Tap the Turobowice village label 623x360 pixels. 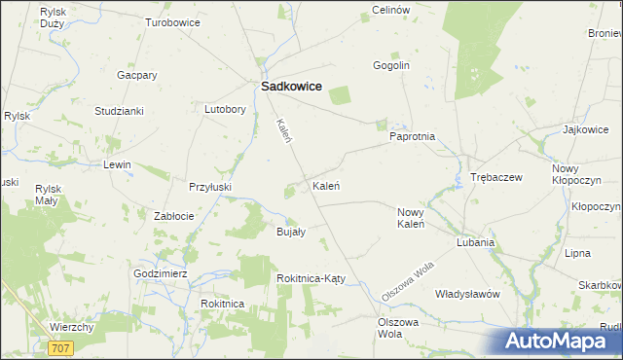coord(173,21)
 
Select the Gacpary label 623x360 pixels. coord(136,75)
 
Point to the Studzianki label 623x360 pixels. coord(119,111)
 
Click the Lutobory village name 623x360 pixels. coord(224,109)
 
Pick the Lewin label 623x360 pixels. coord(117,164)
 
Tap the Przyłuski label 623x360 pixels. coord(209,185)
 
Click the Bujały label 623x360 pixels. coord(291,232)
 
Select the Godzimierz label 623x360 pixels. coord(161,274)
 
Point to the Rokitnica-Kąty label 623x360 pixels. coord(311,278)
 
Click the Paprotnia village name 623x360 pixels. coord(412,137)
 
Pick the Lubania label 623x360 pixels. coord(476,242)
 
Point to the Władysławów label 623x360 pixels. coord(467,293)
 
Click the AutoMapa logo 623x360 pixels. coord(558,341)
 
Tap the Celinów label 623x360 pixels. coord(388,10)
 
